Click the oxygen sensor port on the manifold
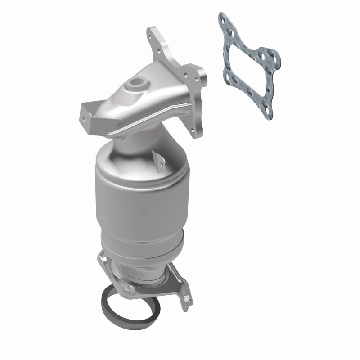tap(134, 83)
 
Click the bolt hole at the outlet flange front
tap(130, 288)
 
